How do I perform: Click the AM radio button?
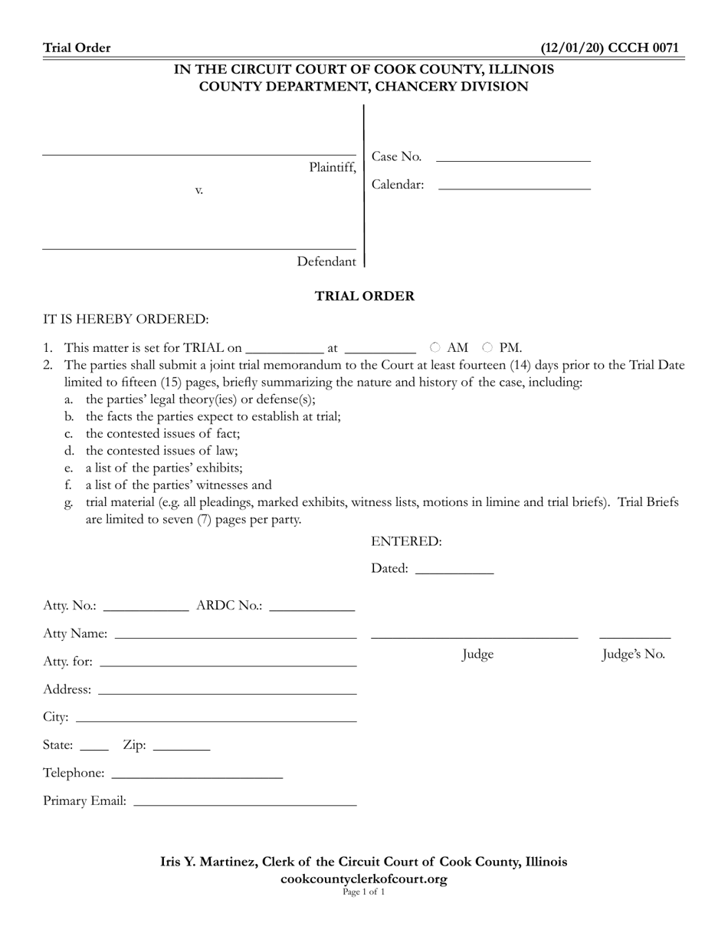(x=435, y=347)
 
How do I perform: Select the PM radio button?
(x=487, y=347)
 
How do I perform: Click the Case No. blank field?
(x=513, y=157)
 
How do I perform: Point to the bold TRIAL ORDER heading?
(x=365, y=296)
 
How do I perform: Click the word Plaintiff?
(x=332, y=167)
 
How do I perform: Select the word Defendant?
(x=326, y=262)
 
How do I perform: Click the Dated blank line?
(x=454, y=570)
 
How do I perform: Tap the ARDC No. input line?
(x=312, y=606)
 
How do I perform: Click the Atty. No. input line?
(x=145, y=606)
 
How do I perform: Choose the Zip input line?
(x=182, y=746)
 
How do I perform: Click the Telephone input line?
(x=197, y=774)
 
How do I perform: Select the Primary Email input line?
(x=244, y=802)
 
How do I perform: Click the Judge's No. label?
(x=633, y=655)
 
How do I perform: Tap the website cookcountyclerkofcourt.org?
(x=364, y=879)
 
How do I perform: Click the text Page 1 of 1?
(x=364, y=892)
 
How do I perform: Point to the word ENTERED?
(x=406, y=542)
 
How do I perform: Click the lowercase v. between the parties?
(x=198, y=190)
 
